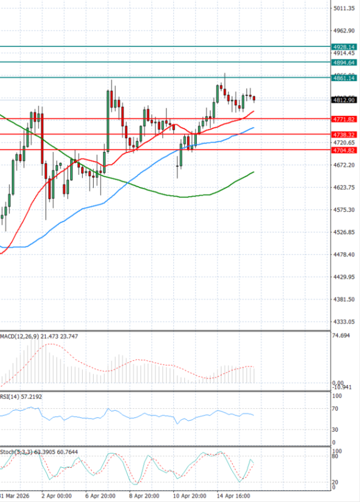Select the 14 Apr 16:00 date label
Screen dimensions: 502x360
[x=233, y=497]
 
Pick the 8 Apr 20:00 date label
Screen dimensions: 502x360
[x=144, y=497]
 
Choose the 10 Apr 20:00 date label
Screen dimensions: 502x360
[x=189, y=497]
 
